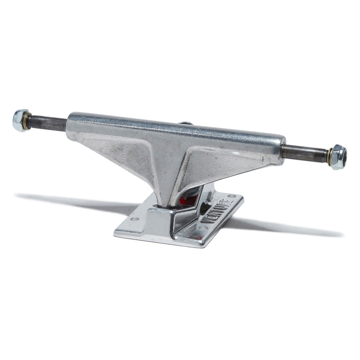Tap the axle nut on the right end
pyautogui.click(x=339, y=157)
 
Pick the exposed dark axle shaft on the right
pyautogui.click(x=304, y=152)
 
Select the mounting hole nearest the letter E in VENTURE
pyautogui.click(x=230, y=197)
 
